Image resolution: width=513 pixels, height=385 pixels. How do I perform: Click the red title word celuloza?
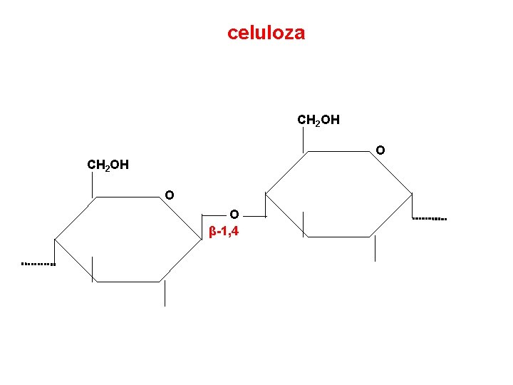pos(266,33)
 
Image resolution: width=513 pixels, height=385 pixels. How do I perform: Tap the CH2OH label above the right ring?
pos(318,120)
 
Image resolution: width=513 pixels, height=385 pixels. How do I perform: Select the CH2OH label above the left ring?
pos(108,165)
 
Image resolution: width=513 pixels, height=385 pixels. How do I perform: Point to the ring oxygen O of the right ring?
pos(380,150)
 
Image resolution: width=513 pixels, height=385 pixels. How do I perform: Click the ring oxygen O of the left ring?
pos(169,195)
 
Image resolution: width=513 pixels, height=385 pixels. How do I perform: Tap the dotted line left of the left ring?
pos(38,264)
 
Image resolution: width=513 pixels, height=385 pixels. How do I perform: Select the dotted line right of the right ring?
pos(430,217)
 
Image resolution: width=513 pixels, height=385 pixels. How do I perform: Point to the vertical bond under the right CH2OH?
pos(304,139)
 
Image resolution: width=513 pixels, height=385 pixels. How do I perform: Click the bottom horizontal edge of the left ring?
pos(129,282)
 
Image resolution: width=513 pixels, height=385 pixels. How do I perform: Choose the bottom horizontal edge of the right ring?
pos(339,236)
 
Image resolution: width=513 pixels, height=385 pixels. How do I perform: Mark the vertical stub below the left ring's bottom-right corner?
pos(165,293)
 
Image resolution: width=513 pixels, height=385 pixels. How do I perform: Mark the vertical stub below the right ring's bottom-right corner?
pos(375,248)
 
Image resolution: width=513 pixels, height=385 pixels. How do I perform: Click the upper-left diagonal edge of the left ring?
pos(74,218)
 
